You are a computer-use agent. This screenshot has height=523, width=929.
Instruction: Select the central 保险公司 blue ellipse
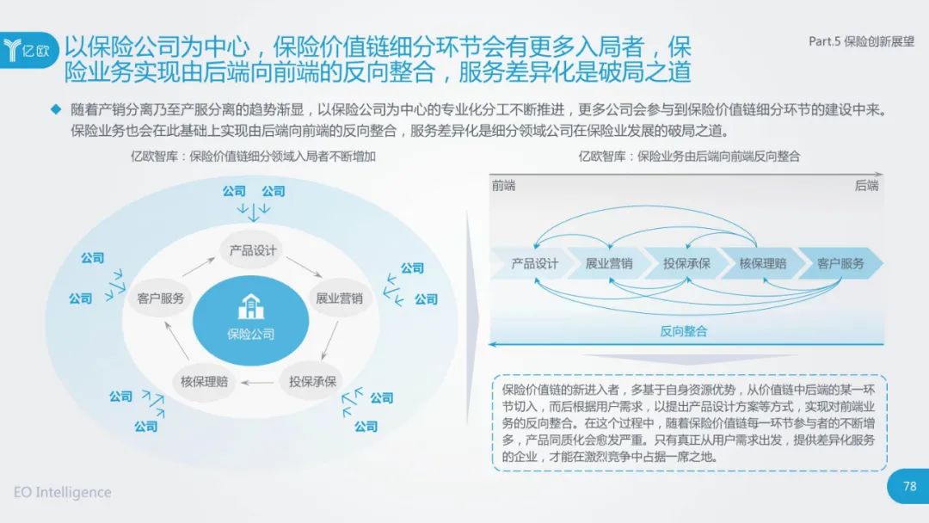(x=250, y=321)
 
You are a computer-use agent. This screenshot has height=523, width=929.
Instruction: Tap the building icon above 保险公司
(x=250, y=306)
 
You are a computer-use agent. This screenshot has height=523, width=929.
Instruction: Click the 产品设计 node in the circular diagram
(x=252, y=250)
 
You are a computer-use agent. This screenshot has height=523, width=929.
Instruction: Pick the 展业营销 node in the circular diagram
(x=339, y=298)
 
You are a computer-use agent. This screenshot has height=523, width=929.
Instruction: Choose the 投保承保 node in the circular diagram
(x=312, y=381)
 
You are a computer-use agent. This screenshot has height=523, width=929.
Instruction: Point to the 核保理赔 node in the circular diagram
(x=204, y=381)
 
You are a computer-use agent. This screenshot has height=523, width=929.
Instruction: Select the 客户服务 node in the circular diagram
(x=160, y=298)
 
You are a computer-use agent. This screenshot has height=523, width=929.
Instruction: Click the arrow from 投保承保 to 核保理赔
(x=258, y=383)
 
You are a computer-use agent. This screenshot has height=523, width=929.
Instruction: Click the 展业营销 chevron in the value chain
(x=608, y=263)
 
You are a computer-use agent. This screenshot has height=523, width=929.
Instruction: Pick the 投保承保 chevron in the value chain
(x=686, y=263)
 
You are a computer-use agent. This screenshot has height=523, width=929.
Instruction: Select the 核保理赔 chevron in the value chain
(x=763, y=263)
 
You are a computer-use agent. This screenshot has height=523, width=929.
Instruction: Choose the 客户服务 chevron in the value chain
(x=841, y=263)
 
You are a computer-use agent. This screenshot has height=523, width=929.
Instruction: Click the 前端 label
(x=503, y=186)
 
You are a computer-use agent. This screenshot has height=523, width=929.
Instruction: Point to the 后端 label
(x=866, y=186)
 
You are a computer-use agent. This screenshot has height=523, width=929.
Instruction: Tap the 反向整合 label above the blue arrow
(x=684, y=331)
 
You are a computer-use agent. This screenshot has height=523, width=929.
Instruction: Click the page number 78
(x=909, y=486)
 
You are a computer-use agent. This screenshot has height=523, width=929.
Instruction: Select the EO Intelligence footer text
(x=62, y=492)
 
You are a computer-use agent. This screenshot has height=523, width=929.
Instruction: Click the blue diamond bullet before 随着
(x=56, y=109)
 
